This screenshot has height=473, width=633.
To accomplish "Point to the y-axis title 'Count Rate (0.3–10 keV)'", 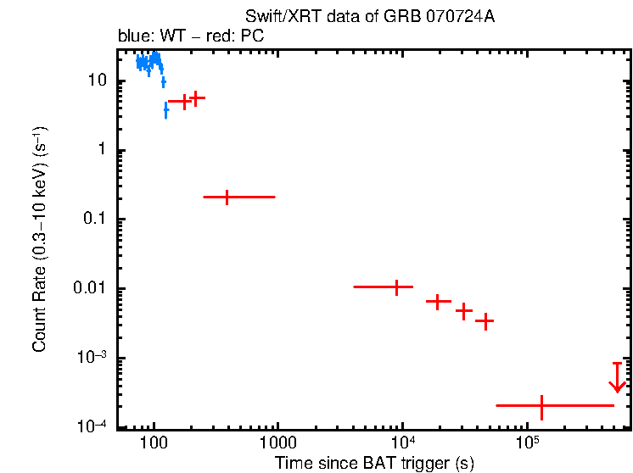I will point(40,240).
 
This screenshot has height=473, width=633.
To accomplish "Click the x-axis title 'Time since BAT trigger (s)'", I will point(374,462).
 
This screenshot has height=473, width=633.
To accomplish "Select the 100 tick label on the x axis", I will point(154,443).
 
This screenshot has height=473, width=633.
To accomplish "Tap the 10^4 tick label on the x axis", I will point(402,442).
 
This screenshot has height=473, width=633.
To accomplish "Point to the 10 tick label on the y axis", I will point(96,81).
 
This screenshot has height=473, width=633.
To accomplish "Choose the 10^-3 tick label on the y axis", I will point(92,357).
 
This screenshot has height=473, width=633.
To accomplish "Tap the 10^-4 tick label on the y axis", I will point(92,426).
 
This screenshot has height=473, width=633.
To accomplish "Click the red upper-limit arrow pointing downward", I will point(618,378).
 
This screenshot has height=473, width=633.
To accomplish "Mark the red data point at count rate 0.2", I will point(227,197).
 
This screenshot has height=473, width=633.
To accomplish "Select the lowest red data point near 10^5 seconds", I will point(541,405).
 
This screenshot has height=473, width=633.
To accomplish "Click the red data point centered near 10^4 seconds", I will point(396,287).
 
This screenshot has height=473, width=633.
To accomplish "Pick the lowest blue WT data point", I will point(166,110).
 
